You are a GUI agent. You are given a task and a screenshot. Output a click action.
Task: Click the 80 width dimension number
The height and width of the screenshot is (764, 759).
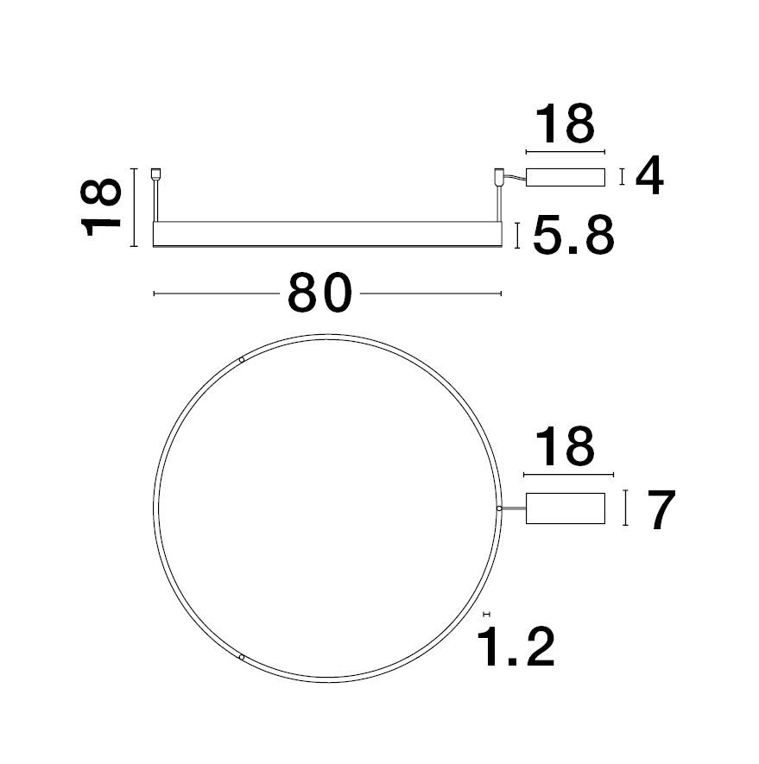pyautogui.click(x=320, y=294)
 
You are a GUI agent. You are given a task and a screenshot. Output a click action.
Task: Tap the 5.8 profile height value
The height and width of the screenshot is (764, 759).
pyautogui.click(x=572, y=236)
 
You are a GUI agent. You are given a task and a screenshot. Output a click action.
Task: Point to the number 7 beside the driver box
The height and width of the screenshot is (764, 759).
pyautogui.click(x=660, y=510)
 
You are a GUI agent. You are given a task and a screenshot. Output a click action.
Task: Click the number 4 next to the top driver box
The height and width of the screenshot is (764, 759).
pyautogui.click(x=649, y=176)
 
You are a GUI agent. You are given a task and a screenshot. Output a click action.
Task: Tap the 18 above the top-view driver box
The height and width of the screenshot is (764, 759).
pyautogui.click(x=566, y=447)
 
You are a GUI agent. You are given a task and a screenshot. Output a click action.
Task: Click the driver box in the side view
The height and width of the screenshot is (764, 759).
pyautogui.click(x=565, y=177)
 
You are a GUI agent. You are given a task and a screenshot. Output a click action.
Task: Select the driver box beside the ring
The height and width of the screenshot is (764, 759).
pyautogui.click(x=565, y=508)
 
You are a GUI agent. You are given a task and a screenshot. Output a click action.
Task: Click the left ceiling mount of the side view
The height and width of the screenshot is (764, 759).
pyautogui.click(x=155, y=174)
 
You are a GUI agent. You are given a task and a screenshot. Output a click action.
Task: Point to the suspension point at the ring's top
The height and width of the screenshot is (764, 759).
pyautogui.click(x=242, y=359)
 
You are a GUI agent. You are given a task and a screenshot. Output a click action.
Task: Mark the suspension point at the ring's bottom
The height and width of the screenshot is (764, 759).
pyautogui.click(x=242, y=658)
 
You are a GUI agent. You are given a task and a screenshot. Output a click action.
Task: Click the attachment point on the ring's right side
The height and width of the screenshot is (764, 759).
pyautogui.click(x=499, y=508)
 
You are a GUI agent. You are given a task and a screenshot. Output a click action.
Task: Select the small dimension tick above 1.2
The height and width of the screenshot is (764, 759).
pyautogui.click(x=486, y=613)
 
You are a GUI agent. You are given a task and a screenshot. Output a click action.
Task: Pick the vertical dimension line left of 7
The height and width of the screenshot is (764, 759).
pyautogui.click(x=626, y=508)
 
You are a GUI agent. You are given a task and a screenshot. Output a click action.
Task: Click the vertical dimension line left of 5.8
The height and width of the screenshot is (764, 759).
pyautogui.click(x=516, y=236)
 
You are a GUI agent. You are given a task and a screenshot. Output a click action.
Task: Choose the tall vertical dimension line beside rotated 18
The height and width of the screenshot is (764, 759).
pyautogui.click(x=135, y=207)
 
